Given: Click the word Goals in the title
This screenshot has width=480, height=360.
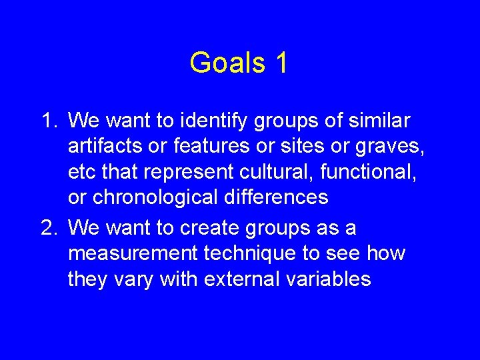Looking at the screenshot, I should click(227, 63).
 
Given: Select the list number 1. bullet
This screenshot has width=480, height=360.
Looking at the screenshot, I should click(50, 121).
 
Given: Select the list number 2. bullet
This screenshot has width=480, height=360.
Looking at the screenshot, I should click(50, 228).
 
